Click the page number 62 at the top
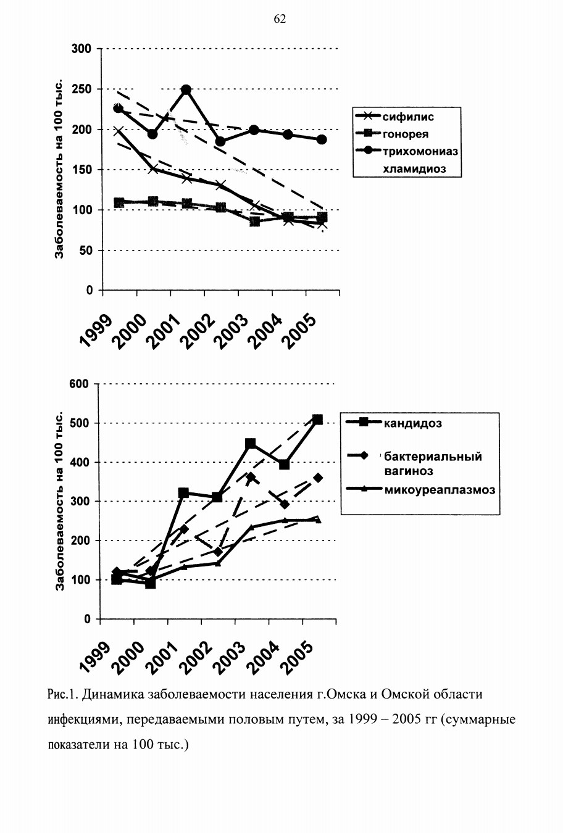(280, 19)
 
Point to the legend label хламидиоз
(414, 169)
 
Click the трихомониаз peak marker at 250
(186, 89)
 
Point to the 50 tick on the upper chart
(86, 251)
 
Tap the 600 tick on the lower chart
(79, 384)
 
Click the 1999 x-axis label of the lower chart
(94, 658)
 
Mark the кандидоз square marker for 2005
(317, 420)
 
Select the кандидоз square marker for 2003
(251, 443)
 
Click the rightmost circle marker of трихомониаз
(322, 139)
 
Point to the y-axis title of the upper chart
(59, 168)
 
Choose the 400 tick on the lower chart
(79, 462)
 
